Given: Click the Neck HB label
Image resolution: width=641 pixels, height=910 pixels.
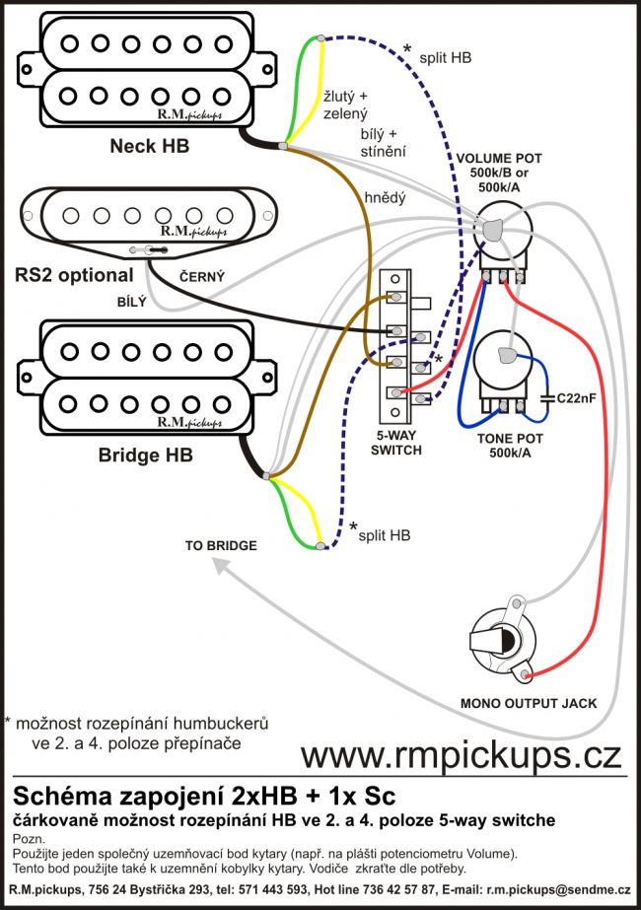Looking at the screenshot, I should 149,148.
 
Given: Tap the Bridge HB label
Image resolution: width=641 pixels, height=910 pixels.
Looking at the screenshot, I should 145,455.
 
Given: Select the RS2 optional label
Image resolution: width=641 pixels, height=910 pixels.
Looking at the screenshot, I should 74,274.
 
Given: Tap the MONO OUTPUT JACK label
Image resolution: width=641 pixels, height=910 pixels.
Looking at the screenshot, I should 529,703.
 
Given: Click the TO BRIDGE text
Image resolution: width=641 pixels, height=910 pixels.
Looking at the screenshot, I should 221,545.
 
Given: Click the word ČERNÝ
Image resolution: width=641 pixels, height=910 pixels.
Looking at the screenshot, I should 201,278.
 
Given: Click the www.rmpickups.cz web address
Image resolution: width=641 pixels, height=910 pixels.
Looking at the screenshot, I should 461,754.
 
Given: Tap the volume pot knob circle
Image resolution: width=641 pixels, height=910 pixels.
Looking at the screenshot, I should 502,234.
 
